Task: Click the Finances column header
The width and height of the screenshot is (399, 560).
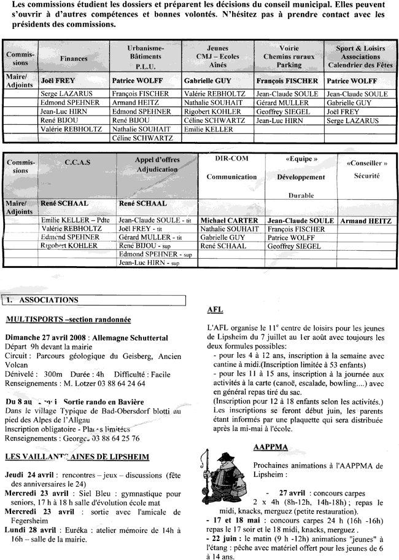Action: click(x=74, y=58)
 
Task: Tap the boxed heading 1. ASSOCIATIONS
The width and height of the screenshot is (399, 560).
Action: click(x=45, y=301)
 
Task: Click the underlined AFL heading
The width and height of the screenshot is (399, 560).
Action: click(x=215, y=310)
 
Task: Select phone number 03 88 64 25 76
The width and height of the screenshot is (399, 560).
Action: click(x=110, y=438)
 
